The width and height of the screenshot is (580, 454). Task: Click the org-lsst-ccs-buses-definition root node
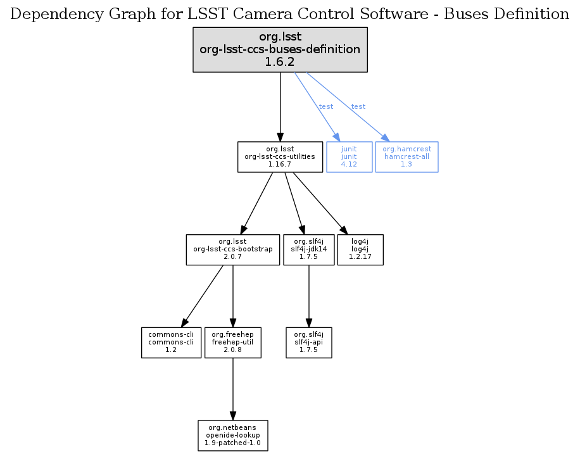(280, 49)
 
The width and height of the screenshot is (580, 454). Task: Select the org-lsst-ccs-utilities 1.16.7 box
(280, 156)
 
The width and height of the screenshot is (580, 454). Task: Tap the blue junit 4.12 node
(349, 156)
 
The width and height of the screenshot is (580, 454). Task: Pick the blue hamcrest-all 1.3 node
(407, 156)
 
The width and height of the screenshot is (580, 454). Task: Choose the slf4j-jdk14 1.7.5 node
(308, 249)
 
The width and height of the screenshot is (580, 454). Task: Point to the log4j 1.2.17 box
(360, 249)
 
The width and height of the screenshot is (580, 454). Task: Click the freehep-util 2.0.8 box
(233, 342)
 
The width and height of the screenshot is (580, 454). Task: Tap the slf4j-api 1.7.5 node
(308, 342)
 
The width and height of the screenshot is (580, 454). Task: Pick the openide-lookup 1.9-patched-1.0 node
(232, 436)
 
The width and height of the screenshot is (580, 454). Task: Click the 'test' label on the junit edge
(326, 106)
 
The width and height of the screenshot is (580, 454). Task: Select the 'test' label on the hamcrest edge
(358, 106)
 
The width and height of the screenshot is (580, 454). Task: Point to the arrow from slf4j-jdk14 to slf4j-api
(308, 295)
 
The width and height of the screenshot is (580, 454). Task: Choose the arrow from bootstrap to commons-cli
(203, 295)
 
